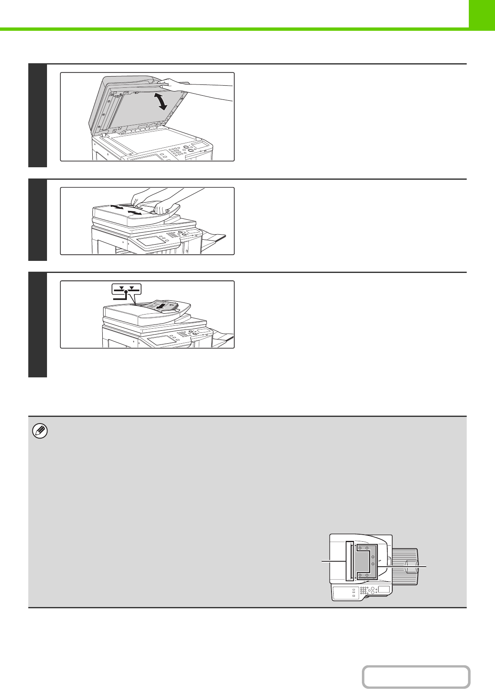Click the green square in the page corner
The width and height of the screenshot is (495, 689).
482,14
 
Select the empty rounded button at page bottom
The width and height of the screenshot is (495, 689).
416,677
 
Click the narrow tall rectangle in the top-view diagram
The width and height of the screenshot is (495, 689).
349,561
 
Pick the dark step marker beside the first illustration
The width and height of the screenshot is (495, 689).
37,116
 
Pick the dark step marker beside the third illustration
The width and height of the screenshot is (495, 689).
37,325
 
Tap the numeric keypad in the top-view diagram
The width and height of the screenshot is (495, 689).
364,590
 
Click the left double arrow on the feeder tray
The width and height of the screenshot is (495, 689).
118,207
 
